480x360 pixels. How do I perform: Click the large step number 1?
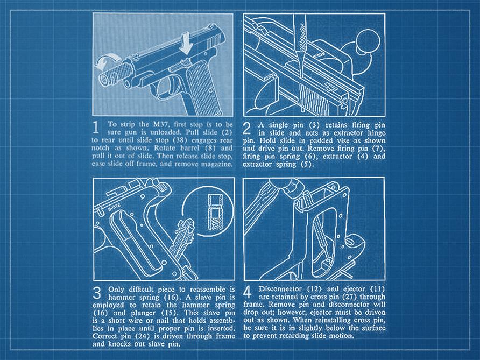click(96, 128)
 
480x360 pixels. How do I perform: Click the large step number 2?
click(247, 128)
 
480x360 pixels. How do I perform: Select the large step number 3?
click(97, 293)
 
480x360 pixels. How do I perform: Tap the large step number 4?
click(248, 292)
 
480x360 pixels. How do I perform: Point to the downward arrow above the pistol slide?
click(186, 44)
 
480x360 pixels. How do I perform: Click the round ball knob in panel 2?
click(368, 41)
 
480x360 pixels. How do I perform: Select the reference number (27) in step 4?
click(349, 297)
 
